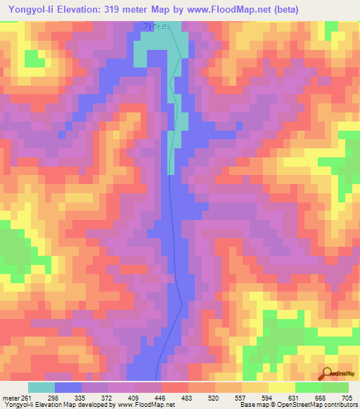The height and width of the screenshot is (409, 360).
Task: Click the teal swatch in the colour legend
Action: tap(41, 387)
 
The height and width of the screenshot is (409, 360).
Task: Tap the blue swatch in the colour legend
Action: tap(68, 387)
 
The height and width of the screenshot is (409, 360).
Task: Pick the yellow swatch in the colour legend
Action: tap(281, 387)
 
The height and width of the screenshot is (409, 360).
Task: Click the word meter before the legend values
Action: tap(11, 398)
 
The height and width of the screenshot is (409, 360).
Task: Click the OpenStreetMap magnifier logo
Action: tap(328, 373)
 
